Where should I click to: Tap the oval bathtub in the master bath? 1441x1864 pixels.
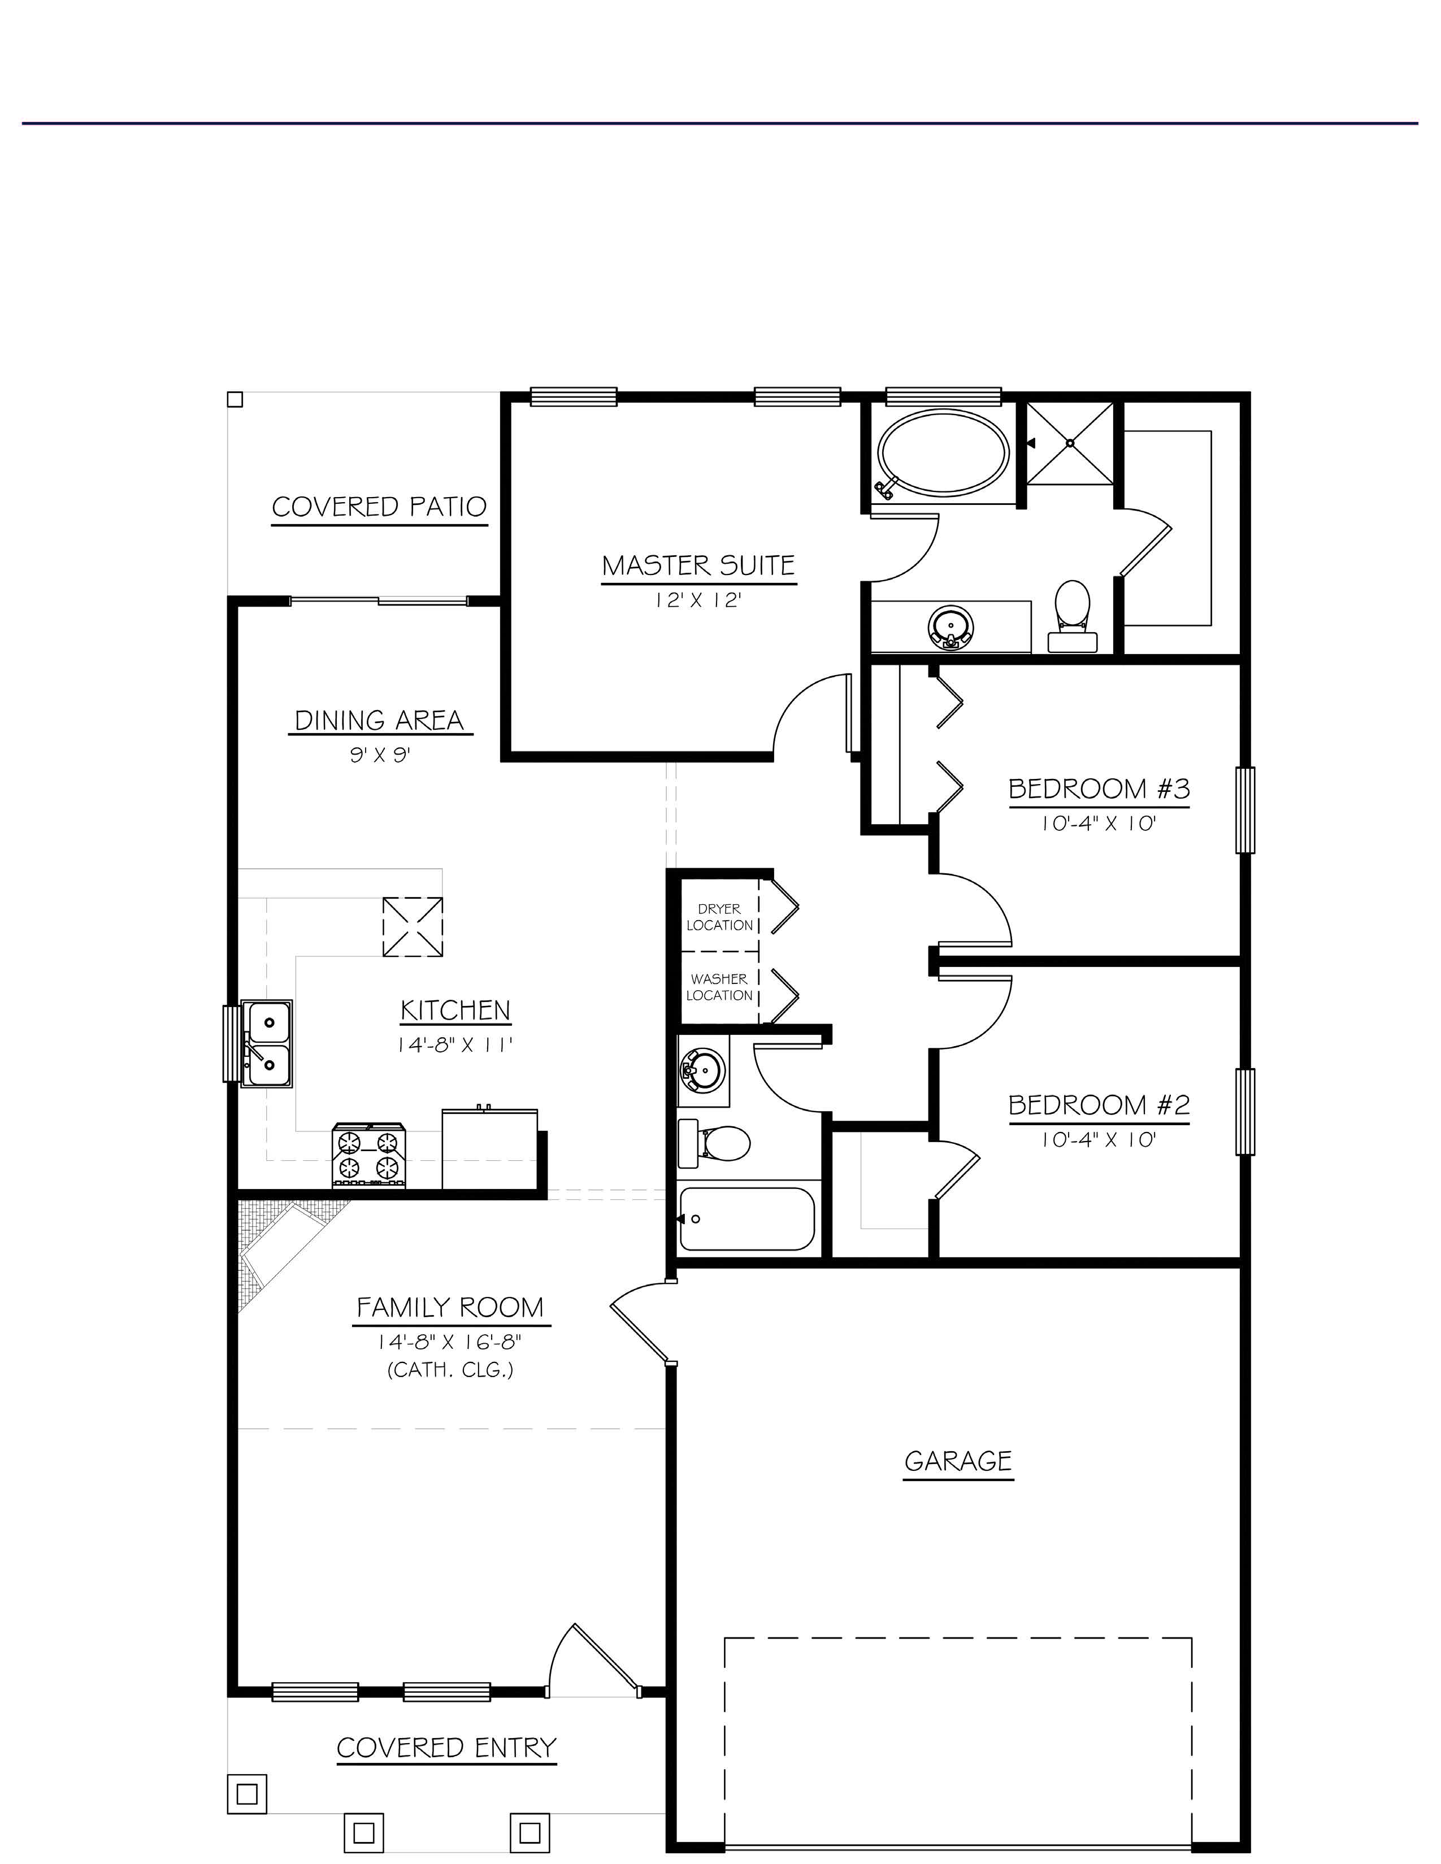[x=944, y=452]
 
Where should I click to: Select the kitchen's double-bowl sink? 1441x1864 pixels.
[x=267, y=1043]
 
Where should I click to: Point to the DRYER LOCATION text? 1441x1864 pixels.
[x=719, y=917]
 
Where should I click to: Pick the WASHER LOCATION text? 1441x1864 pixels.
[x=719, y=987]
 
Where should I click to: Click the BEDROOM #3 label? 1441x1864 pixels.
[x=1099, y=789]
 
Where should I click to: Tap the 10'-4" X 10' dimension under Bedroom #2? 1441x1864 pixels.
[x=1099, y=1139]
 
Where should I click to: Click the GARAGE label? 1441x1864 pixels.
[x=958, y=1461]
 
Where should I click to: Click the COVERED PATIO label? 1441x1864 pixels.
[x=379, y=507]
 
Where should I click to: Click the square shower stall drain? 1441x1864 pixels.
[x=1070, y=443]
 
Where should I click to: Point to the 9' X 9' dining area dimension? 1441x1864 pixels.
[x=380, y=755]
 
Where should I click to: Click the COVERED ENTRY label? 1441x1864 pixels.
[x=446, y=1748]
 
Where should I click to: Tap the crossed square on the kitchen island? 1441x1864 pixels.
[x=413, y=927]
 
